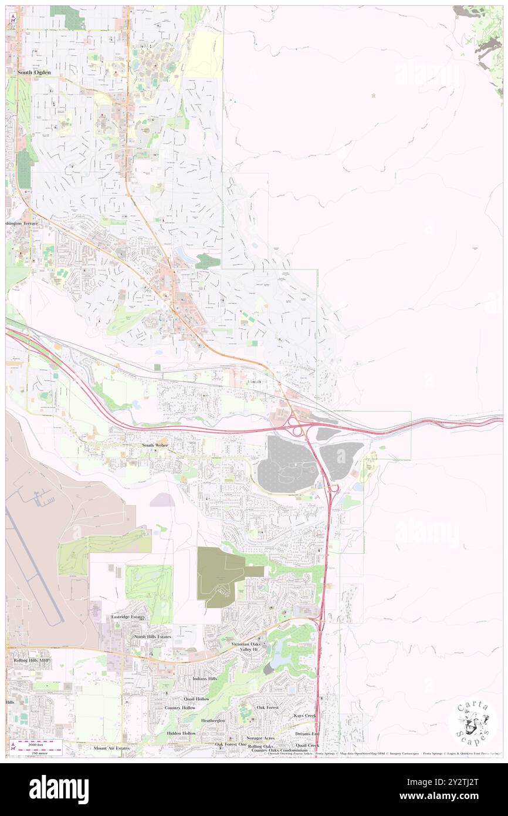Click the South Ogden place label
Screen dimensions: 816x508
pyautogui.click(x=33, y=72)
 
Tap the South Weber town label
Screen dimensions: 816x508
pyautogui.click(x=154, y=446)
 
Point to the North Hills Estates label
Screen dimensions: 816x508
pyautogui.click(x=152, y=636)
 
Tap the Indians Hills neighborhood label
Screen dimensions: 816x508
pyautogui.click(x=204, y=679)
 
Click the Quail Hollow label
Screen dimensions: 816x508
pyautogui.click(x=196, y=699)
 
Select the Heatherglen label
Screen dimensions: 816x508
pyautogui.click(x=213, y=720)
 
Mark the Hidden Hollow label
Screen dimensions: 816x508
pyautogui.click(x=181, y=733)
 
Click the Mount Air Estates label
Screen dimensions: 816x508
pyautogui.click(x=111, y=748)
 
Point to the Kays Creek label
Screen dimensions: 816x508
pyautogui.click(x=306, y=716)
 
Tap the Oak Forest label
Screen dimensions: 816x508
pyautogui.click(x=267, y=707)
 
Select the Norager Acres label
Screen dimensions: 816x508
pyautogui.click(x=261, y=738)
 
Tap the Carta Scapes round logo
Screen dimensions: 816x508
pyautogui.click(x=473, y=723)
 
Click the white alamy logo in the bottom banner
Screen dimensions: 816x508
pyautogui.click(x=59, y=790)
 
